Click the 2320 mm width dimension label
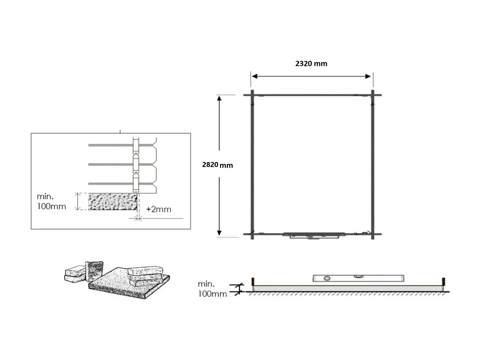(x=311, y=63)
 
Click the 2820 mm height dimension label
(x=217, y=165)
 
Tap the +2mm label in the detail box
(x=158, y=209)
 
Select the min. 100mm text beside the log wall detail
(x=51, y=201)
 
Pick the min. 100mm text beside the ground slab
(x=212, y=289)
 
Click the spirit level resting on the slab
(x=358, y=278)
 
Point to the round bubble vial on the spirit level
(x=327, y=278)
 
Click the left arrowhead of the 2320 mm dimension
(x=255, y=76)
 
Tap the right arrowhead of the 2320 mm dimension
(x=368, y=76)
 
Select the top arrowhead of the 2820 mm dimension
(x=219, y=99)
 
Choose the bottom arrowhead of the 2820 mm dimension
(x=219, y=233)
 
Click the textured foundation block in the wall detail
(x=112, y=202)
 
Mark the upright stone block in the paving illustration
(x=94, y=271)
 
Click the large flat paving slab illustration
(x=122, y=285)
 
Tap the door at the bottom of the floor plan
(x=314, y=235)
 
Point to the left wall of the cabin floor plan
(x=252, y=165)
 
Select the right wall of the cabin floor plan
(x=372, y=165)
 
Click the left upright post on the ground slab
(x=253, y=281)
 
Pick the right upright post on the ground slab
(x=444, y=281)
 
